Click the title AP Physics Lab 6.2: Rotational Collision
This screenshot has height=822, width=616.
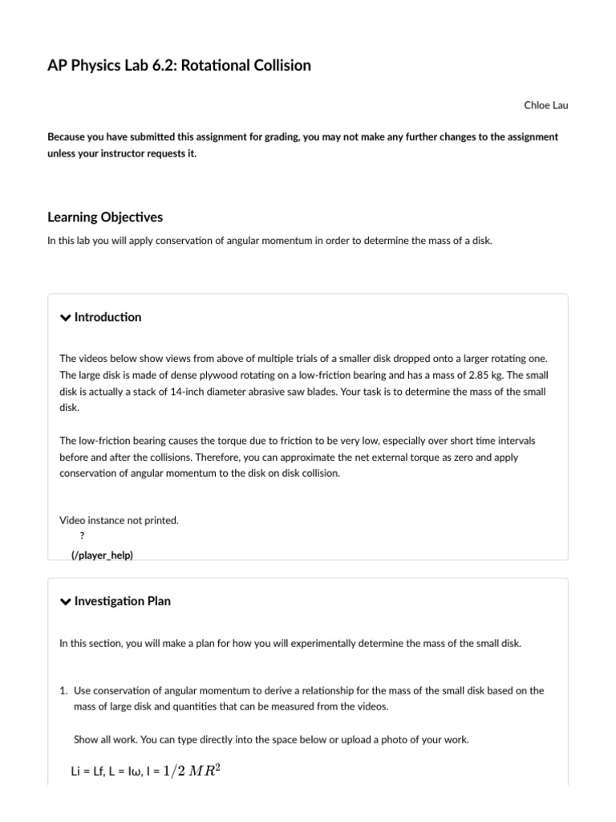pos(179,66)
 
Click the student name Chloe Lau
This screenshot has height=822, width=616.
pos(545,105)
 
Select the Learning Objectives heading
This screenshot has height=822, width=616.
pos(105,218)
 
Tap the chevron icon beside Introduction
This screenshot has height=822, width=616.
pos(66,318)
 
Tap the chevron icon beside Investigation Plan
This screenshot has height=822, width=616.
pos(66,601)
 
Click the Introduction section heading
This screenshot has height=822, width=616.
pos(107,317)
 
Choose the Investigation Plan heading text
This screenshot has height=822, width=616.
pos(122,601)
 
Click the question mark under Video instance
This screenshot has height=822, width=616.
pos(83,536)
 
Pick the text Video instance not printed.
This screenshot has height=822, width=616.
pos(119,520)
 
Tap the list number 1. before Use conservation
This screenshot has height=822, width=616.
pos(65,690)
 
